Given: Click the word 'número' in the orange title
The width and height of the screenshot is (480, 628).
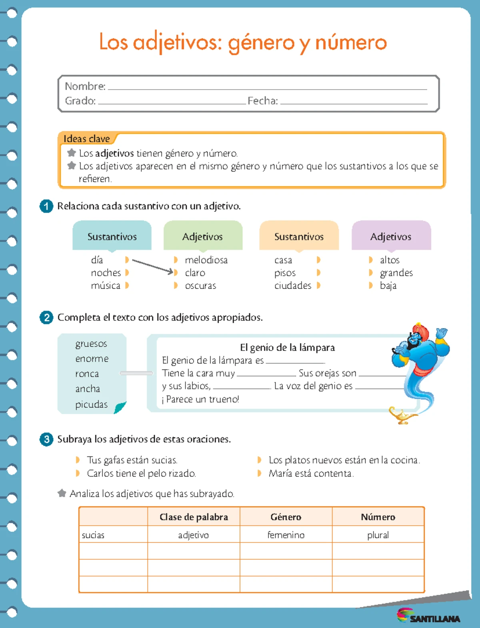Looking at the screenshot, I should tap(351, 42).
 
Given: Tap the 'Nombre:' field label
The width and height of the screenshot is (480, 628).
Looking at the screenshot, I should tap(85, 86).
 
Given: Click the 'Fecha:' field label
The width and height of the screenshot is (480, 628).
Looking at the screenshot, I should tap(262, 101).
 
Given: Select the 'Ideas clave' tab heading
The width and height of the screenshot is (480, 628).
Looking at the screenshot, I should tap(86, 139).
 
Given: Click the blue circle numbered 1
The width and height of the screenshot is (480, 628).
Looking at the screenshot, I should tap(46, 206).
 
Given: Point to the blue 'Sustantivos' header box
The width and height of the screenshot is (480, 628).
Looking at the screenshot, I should tap(112, 236).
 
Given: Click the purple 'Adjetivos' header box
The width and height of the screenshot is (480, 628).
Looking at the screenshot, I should tap(391, 236).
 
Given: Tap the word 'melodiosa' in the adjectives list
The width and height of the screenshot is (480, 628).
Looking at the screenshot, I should tap(206, 260).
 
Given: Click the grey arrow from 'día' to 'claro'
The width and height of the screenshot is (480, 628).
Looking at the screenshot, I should tap(152, 266).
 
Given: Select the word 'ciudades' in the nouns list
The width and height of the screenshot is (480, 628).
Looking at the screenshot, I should tap(292, 286).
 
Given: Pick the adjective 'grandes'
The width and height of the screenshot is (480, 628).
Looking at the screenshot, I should tap(396, 273).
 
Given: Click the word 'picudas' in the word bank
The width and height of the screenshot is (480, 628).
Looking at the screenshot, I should tap(91, 405).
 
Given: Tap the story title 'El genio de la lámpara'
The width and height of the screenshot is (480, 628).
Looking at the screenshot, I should tap(287, 347).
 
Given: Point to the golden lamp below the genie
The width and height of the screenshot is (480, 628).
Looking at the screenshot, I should tap(402, 416).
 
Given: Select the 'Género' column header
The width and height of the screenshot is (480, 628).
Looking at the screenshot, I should tap(286, 517).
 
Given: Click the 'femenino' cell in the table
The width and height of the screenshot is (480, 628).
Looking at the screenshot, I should tap(286, 535).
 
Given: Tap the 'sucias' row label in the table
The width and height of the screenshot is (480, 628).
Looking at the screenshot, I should tap(93, 535).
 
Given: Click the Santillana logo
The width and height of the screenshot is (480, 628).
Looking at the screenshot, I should tap(428, 616).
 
